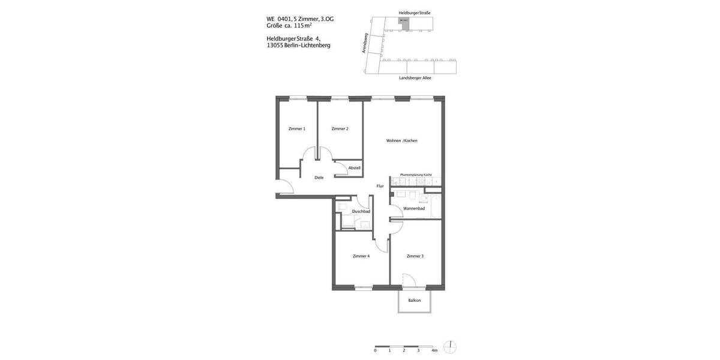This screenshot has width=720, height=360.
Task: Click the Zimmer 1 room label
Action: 297,129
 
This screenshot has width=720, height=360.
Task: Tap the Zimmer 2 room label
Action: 340,129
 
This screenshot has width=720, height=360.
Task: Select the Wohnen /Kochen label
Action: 402,141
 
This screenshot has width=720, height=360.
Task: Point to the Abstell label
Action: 355,168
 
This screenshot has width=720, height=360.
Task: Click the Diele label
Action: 319,178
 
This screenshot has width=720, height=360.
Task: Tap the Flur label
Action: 380,186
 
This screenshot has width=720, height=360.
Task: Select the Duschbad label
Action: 361,211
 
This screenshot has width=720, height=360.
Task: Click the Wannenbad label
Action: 414,208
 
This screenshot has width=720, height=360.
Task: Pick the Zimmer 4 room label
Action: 361,256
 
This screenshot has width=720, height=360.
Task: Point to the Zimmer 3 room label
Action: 415,256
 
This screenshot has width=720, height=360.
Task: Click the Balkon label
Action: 415,300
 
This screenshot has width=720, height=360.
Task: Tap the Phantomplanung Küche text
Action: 416,175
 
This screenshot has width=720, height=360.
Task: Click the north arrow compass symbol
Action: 450,347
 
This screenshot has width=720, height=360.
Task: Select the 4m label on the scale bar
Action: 434,350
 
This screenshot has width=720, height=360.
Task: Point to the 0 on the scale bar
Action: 376,350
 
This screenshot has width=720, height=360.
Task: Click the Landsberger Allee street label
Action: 415,78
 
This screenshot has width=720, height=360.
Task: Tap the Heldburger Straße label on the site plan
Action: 415,13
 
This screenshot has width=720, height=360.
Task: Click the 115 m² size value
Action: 303,26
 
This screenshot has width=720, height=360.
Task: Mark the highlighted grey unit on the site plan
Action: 404,21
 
